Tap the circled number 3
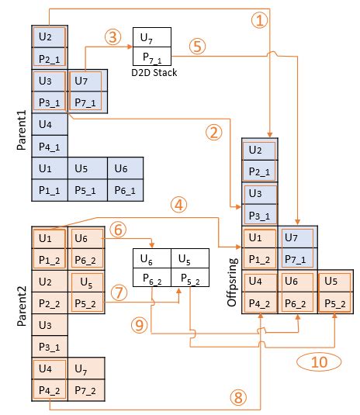tap(113, 37)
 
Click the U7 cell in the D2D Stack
tap(153, 36)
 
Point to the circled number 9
tap(140, 327)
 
